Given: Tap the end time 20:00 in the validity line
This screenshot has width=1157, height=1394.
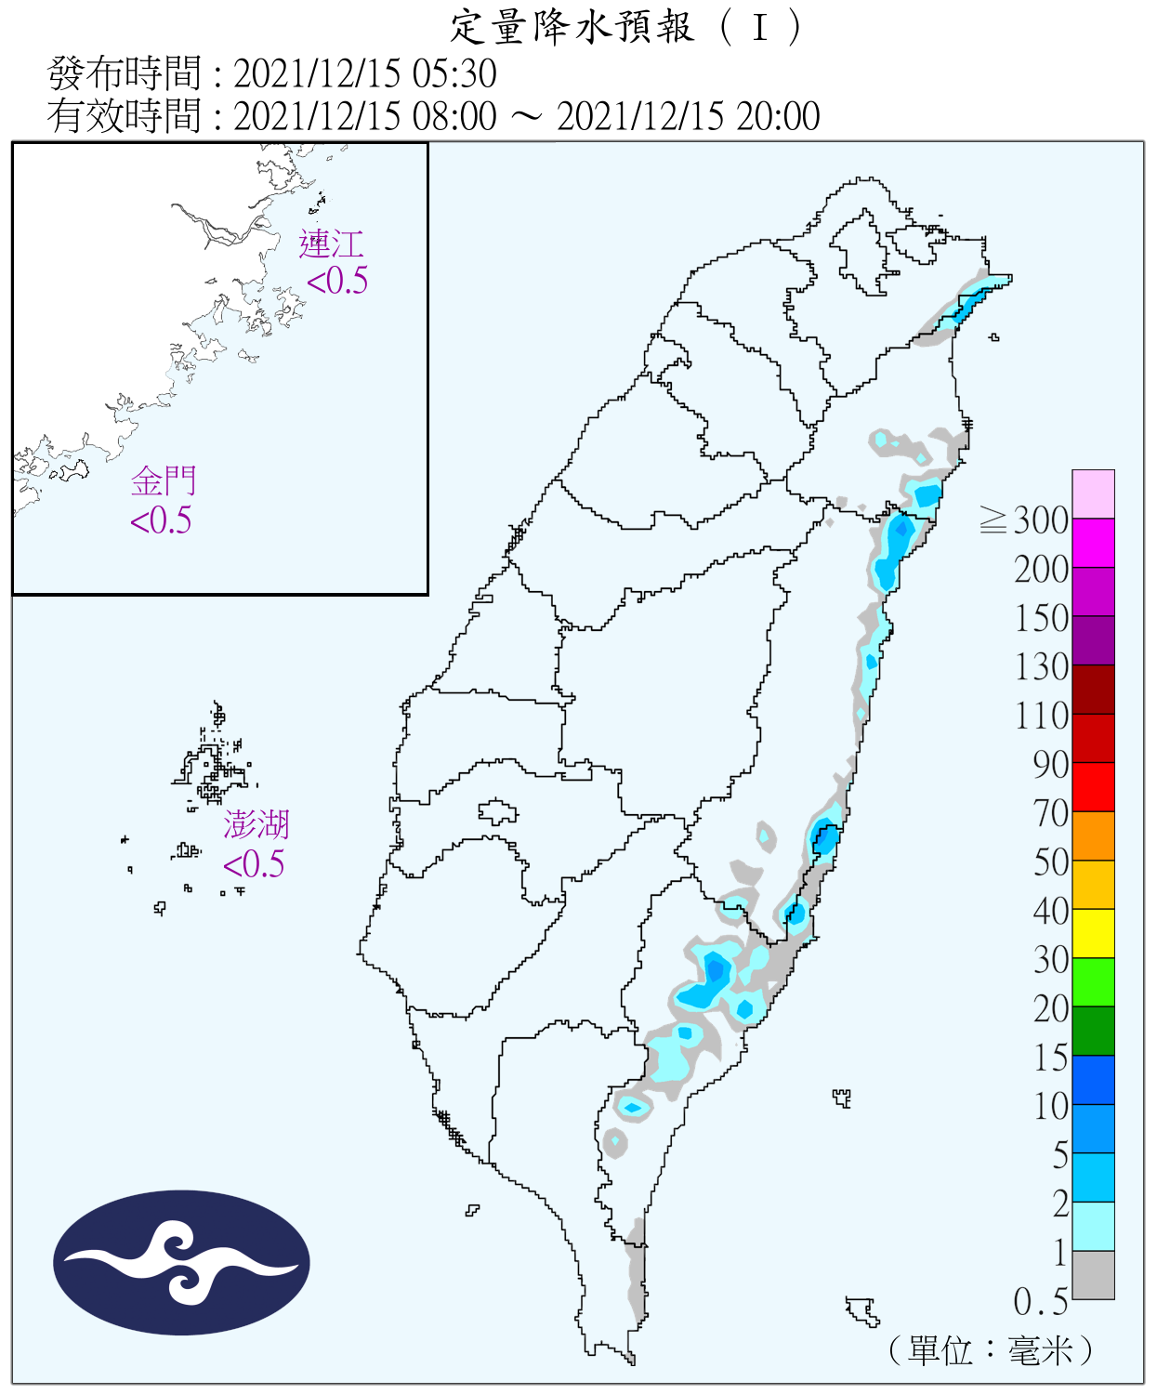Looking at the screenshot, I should [778, 116].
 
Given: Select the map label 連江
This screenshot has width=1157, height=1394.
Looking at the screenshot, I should [331, 244].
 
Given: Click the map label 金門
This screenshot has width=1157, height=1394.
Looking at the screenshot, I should [164, 481].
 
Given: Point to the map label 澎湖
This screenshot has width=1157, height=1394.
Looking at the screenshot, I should [256, 824].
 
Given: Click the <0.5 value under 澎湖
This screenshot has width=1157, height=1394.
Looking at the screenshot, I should [254, 864].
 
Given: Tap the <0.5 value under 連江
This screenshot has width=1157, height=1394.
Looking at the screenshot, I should [337, 281].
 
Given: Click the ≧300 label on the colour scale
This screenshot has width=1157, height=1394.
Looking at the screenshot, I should [1024, 520].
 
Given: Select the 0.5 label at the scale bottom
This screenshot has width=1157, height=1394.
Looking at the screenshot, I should [1040, 1302].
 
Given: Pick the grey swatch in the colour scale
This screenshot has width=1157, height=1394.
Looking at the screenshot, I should [1093, 1274].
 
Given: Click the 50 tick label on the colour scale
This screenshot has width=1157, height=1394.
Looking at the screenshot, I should [1050, 862].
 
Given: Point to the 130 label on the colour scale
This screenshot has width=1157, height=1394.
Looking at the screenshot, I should [1041, 667].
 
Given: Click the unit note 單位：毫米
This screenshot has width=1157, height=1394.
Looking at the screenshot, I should [990, 1350].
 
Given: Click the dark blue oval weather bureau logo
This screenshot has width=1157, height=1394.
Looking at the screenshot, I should [181, 1263].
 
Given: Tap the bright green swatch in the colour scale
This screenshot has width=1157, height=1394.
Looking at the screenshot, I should [1093, 981].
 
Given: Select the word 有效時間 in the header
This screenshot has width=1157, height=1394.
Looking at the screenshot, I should [124, 116].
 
